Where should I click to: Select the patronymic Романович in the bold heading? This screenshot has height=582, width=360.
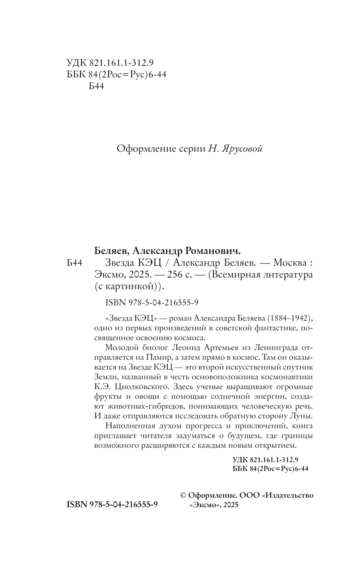pyautogui.click(x=207, y=250)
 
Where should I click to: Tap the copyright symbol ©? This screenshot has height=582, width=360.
pyautogui.click(x=183, y=496)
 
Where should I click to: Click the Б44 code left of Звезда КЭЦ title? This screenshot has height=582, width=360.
pyautogui.click(x=75, y=263)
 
